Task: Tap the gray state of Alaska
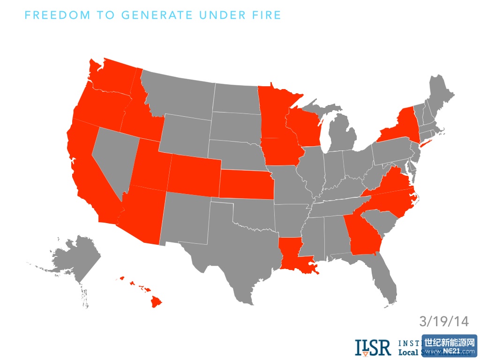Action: [x=77, y=258]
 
